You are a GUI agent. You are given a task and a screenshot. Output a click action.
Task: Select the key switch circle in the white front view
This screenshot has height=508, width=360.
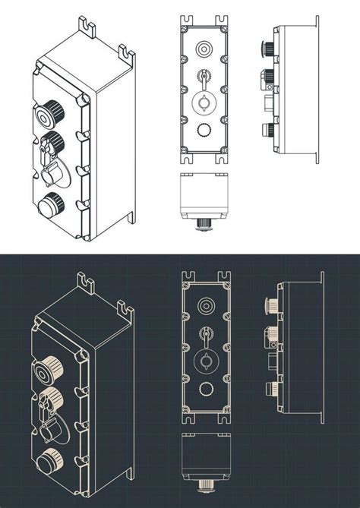coord(204,103)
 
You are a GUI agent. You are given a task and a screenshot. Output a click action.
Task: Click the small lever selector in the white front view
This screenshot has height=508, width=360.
coord(204,76)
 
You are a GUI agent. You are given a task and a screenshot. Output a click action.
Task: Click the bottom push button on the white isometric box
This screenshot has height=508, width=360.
coord(51,204)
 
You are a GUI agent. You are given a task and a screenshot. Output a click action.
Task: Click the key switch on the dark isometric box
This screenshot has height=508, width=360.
coord(50,428)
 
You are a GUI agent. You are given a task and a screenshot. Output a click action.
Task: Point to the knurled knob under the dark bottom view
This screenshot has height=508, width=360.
coord(204,484)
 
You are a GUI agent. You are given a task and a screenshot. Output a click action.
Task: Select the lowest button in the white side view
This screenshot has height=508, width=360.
coord(267,128)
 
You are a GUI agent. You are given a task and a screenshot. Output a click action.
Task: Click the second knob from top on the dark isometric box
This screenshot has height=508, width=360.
coord(50,396)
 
